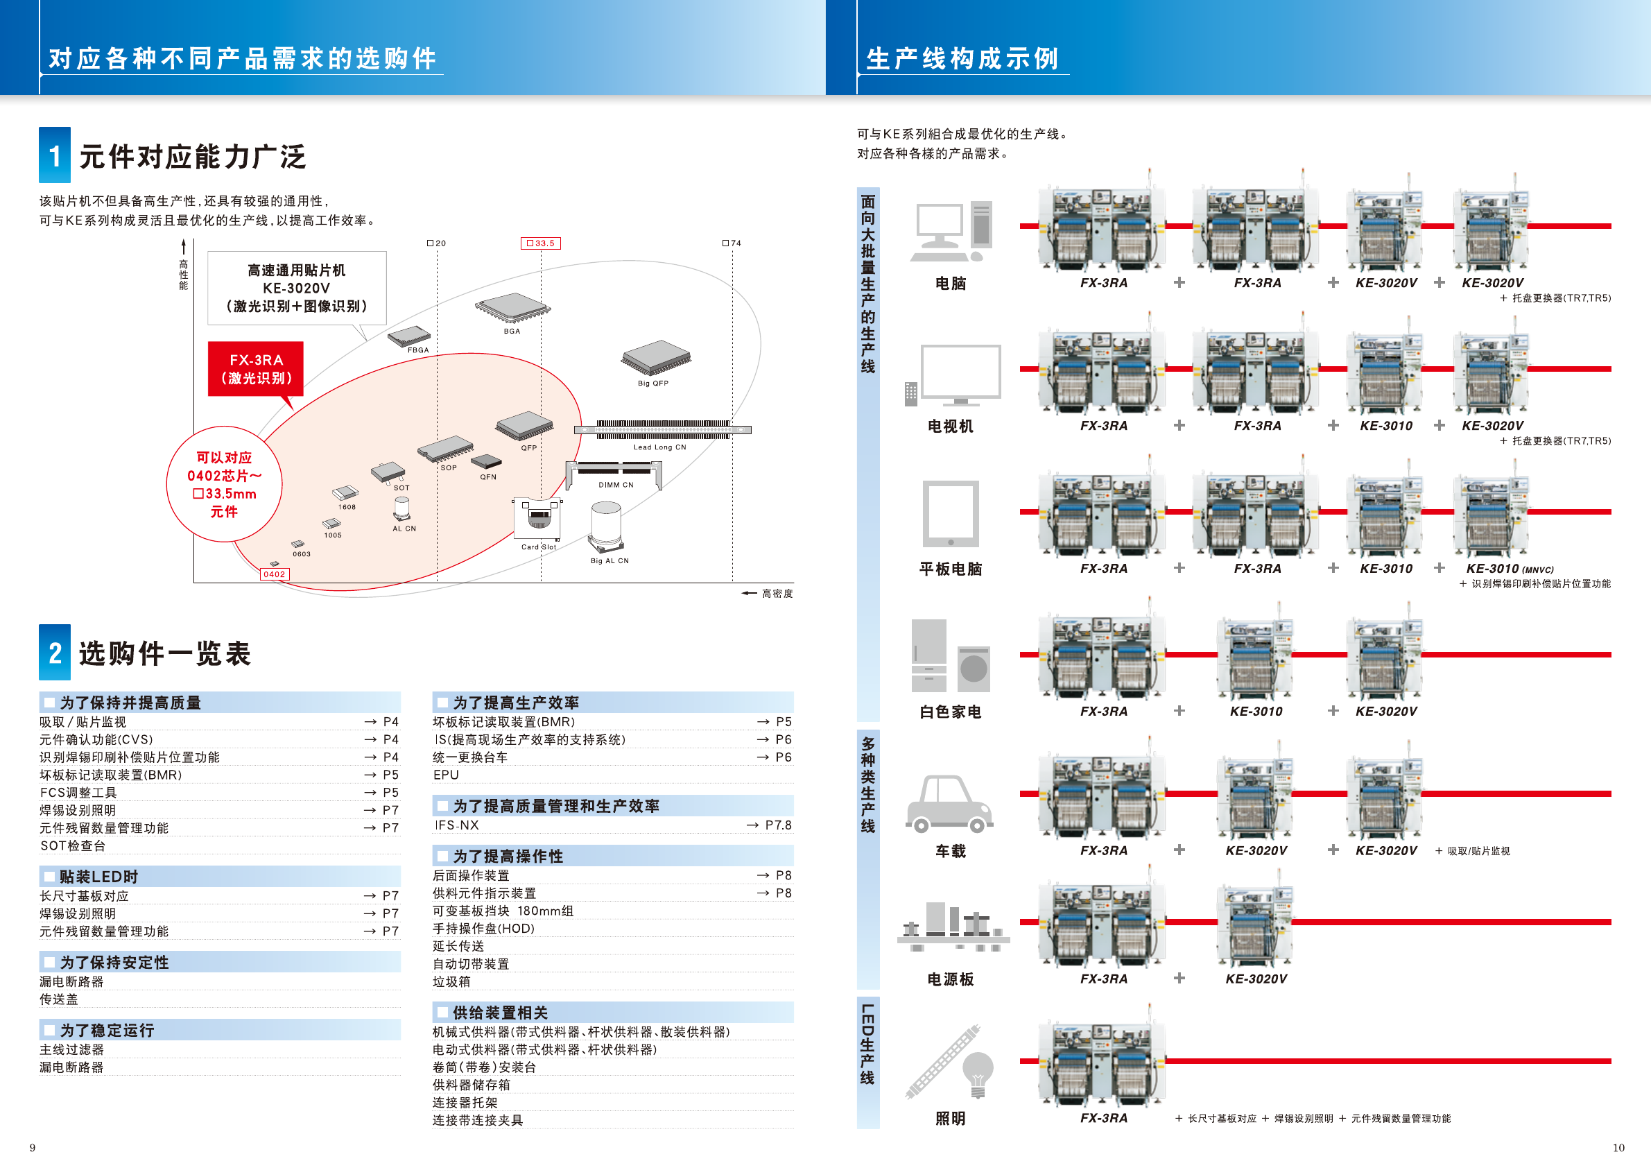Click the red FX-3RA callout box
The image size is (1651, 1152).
click(255, 368)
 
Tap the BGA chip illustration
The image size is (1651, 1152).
click(512, 308)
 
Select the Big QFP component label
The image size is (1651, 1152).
click(653, 384)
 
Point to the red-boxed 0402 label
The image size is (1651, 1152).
click(274, 574)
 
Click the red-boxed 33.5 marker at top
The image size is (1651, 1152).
click(541, 243)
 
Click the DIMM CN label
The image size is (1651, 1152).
click(616, 485)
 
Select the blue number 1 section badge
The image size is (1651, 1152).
click(55, 155)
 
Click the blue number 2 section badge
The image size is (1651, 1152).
click(55, 652)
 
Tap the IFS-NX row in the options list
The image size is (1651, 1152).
click(457, 825)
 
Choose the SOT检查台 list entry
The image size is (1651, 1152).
click(73, 845)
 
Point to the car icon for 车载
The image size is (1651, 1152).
click(949, 803)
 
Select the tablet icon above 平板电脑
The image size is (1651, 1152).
click(950, 513)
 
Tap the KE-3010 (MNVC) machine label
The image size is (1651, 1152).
click(1510, 569)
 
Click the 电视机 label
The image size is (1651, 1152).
click(950, 427)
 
